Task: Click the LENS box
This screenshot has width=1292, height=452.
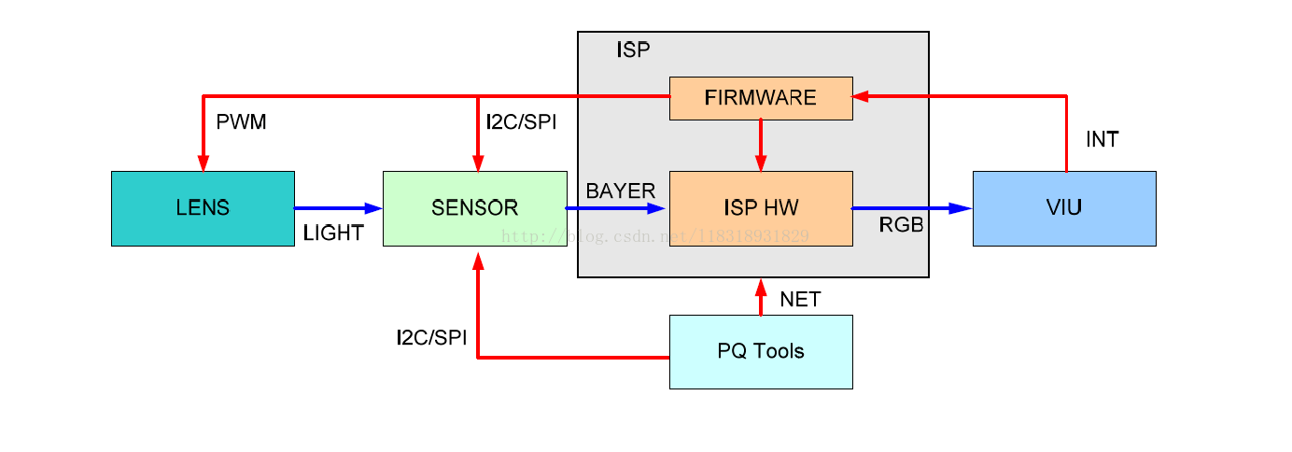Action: tap(203, 208)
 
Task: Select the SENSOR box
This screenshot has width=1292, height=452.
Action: tap(474, 208)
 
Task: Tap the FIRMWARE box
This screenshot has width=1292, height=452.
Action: tap(761, 98)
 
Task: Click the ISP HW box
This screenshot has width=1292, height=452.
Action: tap(761, 208)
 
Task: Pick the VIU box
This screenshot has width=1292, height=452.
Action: tap(1064, 208)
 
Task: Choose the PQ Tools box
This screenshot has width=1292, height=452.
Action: tap(761, 352)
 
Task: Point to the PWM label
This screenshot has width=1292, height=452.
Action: tap(241, 122)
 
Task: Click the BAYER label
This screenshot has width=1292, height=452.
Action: tap(620, 191)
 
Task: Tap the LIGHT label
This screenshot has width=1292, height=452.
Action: tap(333, 233)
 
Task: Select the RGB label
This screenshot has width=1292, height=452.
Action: tap(902, 224)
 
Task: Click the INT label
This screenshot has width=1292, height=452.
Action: tap(1102, 140)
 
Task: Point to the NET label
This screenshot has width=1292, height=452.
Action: tap(800, 300)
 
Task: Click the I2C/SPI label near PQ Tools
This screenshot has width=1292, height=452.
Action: tap(431, 338)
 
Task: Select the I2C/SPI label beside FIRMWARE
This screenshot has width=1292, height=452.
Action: tap(521, 122)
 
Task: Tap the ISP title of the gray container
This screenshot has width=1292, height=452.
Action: tap(632, 50)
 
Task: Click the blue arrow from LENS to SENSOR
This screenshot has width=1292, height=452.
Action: tap(338, 208)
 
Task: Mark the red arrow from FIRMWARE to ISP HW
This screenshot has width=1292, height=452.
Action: tap(761, 145)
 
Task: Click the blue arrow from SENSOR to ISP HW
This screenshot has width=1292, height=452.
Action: tap(616, 208)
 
